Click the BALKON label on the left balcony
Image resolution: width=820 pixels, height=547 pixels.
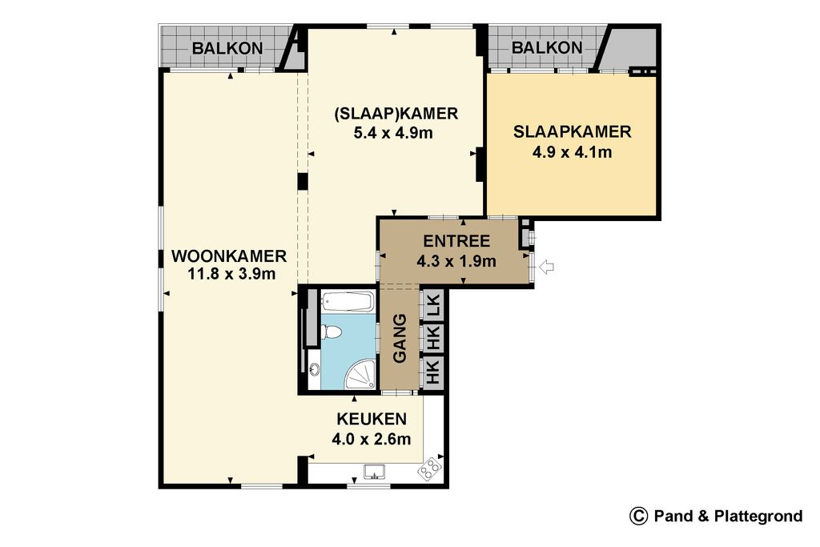[227, 48]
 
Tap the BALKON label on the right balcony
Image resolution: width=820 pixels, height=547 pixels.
[547, 47]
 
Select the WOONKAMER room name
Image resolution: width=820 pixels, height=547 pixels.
[229, 256]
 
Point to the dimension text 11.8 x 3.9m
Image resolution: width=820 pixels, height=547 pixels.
[231, 274]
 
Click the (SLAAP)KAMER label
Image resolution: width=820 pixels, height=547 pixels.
[396, 114]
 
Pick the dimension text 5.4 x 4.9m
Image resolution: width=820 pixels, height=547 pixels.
[393, 133]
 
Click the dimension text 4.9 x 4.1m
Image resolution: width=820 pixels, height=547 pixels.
[572, 152]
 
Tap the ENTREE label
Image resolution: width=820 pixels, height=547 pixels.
[456, 241]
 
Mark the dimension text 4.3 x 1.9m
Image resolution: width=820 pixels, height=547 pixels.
[456, 260]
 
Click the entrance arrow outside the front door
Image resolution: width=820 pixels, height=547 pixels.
[546, 267]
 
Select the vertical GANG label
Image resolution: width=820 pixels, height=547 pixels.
[400, 338]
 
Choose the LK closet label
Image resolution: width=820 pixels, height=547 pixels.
[433, 306]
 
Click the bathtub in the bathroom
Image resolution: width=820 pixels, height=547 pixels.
[348, 302]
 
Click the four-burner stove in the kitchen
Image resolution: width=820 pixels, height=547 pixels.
[429, 469]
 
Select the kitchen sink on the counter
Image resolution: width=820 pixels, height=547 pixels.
[375, 472]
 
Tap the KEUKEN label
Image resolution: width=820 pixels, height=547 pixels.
[372, 419]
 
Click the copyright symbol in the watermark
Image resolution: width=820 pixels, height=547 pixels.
[638, 516]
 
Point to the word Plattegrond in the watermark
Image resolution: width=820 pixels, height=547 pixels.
[758, 517]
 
